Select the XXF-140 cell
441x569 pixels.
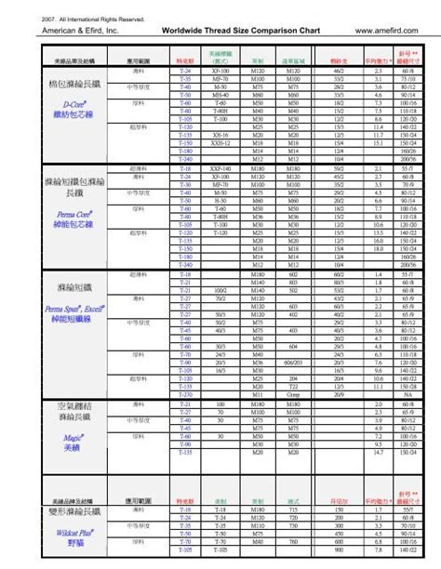(x=220, y=169)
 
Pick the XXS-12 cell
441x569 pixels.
(x=220, y=143)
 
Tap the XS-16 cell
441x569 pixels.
(x=220, y=135)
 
